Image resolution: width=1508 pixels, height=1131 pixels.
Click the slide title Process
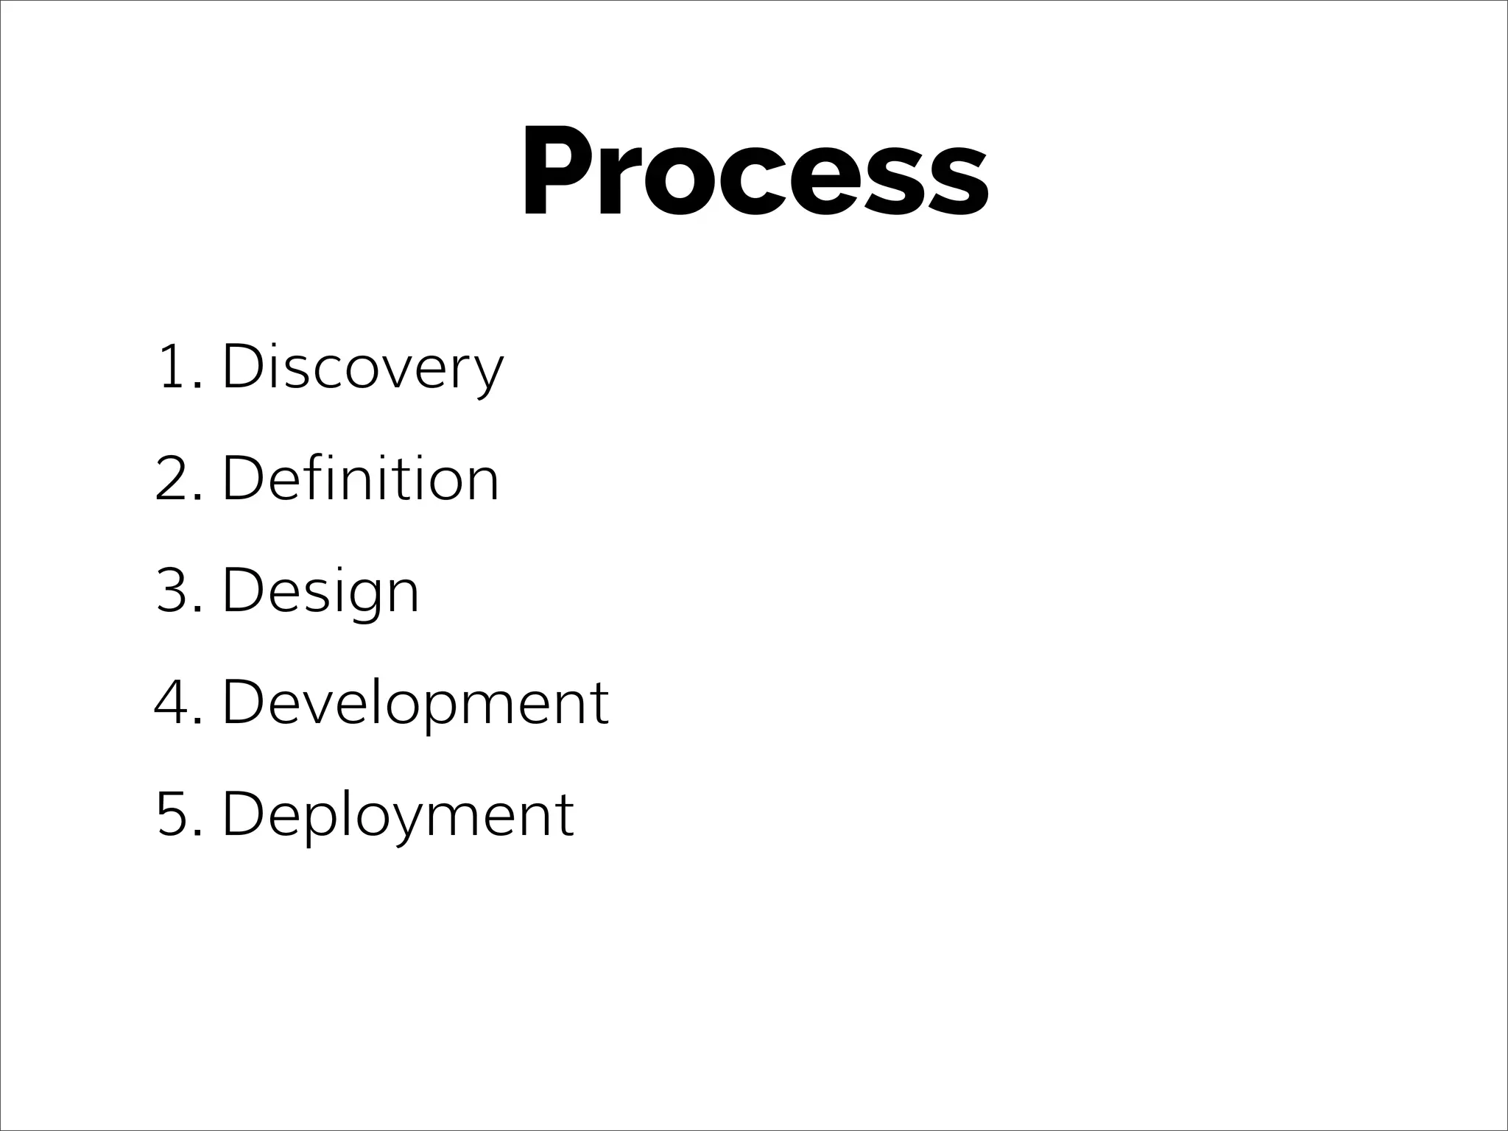point(755,172)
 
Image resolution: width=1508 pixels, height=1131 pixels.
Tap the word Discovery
point(362,367)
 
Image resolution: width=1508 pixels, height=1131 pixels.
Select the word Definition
point(360,479)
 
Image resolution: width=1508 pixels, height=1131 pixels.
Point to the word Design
point(320,591)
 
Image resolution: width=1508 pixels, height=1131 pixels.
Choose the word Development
point(415,702)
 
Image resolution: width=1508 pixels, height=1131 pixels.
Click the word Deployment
point(398,814)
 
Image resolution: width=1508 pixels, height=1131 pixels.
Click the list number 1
point(171,367)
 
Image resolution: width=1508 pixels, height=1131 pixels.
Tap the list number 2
point(172,479)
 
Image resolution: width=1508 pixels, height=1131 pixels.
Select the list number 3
point(172,591)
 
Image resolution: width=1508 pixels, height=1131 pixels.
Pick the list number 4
point(172,702)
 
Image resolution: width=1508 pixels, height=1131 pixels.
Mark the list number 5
point(172,814)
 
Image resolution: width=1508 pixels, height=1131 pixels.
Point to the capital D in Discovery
point(243,367)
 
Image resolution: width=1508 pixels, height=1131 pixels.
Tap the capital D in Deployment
point(243,814)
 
